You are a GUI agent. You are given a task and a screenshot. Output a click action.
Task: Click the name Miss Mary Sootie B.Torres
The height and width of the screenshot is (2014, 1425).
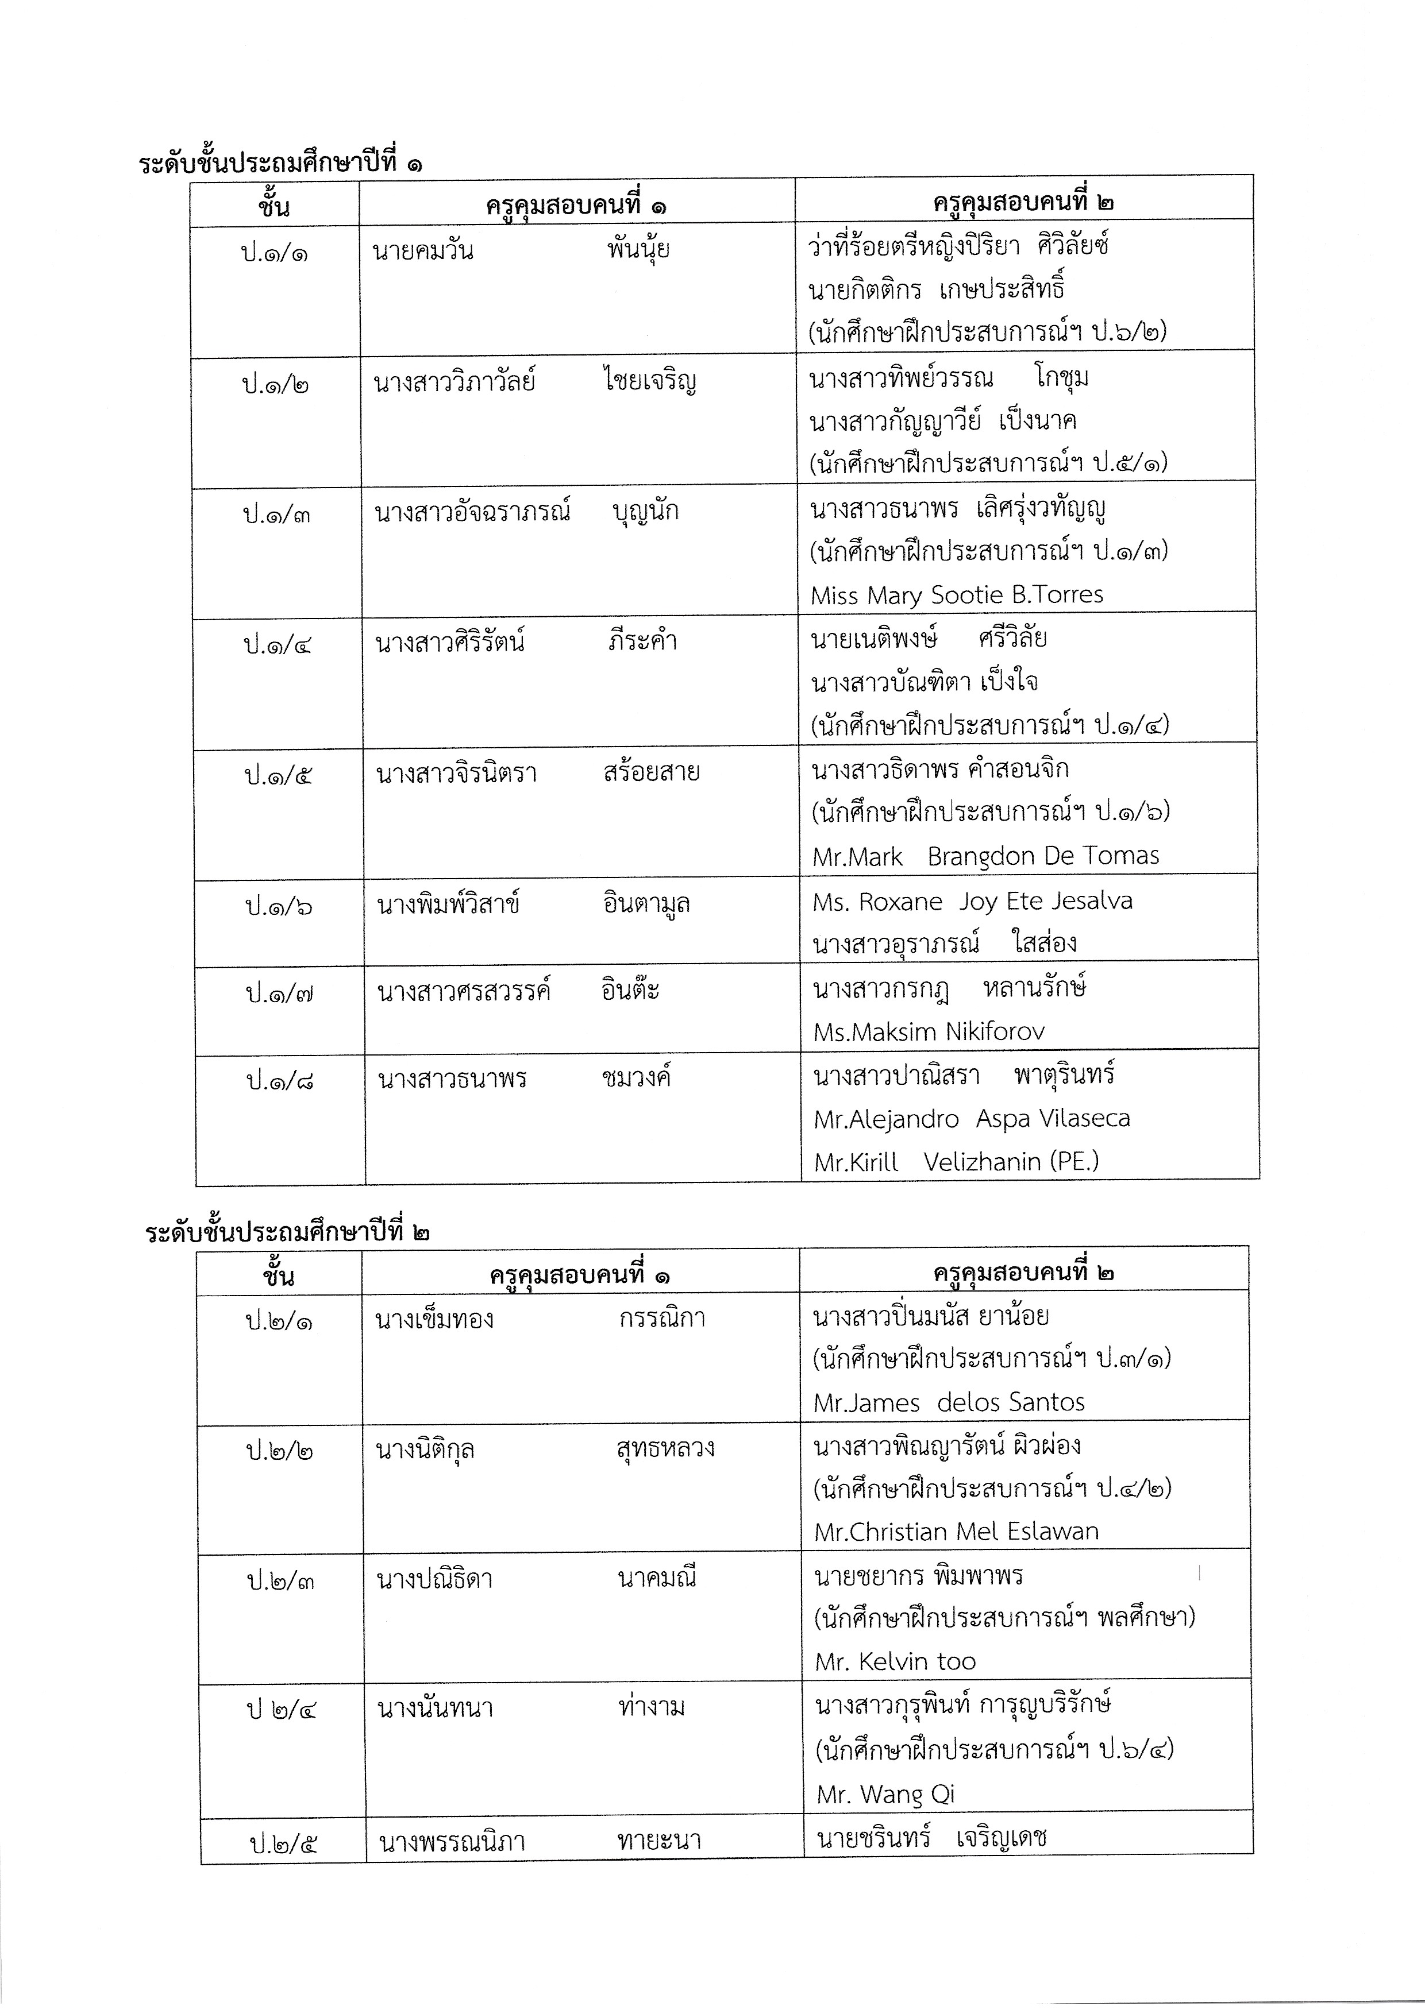click(957, 596)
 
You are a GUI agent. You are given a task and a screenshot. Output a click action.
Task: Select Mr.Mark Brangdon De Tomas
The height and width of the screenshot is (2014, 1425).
click(985, 856)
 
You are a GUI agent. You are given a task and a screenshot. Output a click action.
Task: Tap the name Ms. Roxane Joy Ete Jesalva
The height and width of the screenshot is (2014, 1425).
click(972, 902)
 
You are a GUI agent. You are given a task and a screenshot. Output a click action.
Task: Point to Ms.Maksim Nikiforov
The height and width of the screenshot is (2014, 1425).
click(929, 1031)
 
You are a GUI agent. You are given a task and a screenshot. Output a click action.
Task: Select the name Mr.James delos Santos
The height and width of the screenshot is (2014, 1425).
click(949, 1402)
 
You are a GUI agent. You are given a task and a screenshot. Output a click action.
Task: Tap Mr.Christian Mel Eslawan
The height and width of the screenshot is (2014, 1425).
click(956, 1532)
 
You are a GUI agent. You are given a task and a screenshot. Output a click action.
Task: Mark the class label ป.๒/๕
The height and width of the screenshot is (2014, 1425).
click(283, 1843)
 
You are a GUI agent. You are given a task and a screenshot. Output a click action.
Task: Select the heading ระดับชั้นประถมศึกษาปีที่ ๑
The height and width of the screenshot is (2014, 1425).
click(280, 163)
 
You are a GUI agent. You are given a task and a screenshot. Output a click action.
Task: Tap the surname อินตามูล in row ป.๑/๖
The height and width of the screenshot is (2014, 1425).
click(646, 903)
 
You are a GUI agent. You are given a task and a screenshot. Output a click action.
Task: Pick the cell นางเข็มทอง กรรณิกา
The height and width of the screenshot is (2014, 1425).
click(540, 1319)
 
